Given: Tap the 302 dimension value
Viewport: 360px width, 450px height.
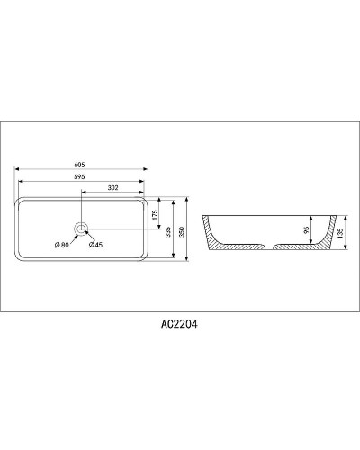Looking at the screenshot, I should click(x=113, y=188).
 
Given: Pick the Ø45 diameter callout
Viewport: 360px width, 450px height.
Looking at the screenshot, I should click(x=95, y=245).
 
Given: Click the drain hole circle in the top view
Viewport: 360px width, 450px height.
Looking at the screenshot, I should click(x=82, y=229).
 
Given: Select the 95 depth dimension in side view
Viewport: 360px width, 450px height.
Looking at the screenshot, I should click(x=307, y=230).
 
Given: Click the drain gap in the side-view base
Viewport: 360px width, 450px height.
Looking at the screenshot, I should click(x=271, y=245).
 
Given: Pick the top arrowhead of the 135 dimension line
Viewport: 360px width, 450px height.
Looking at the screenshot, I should click(x=343, y=215).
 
